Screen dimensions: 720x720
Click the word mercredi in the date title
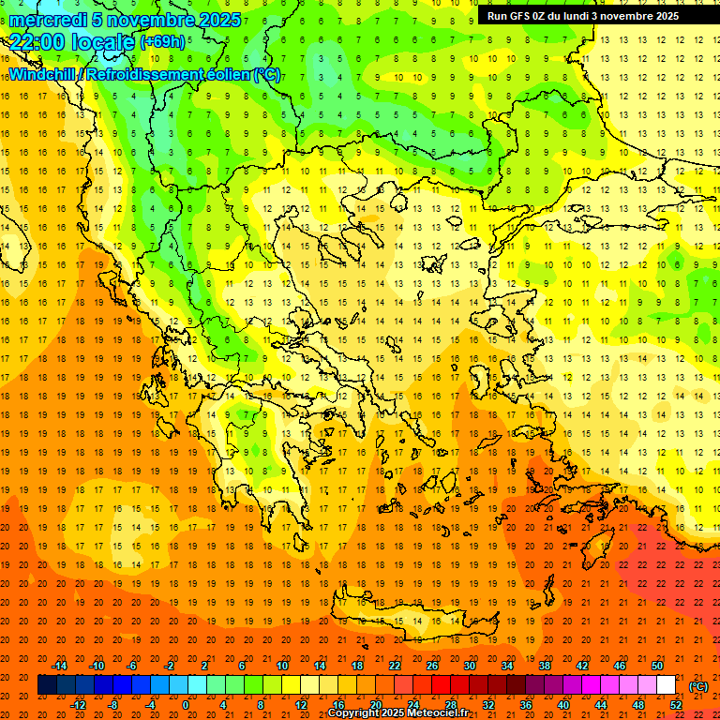click(49, 20)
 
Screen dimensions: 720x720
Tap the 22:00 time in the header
click(37, 42)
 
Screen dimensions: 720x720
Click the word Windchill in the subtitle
click(42, 74)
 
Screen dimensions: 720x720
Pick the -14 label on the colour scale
click(59, 666)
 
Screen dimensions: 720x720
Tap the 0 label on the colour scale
click(187, 705)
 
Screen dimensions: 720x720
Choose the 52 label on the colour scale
click(676, 705)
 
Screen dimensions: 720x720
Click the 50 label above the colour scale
click(657, 666)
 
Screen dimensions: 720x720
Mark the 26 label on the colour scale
click(432, 666)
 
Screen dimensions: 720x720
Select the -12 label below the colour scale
click(78, 705)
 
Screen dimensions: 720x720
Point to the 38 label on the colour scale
click(545, 666)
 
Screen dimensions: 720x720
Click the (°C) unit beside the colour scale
click(697, 685)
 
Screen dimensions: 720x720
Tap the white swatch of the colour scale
click(667, 685)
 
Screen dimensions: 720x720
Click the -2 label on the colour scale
click(170, 666)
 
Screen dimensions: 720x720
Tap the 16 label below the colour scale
click(338, 705)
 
